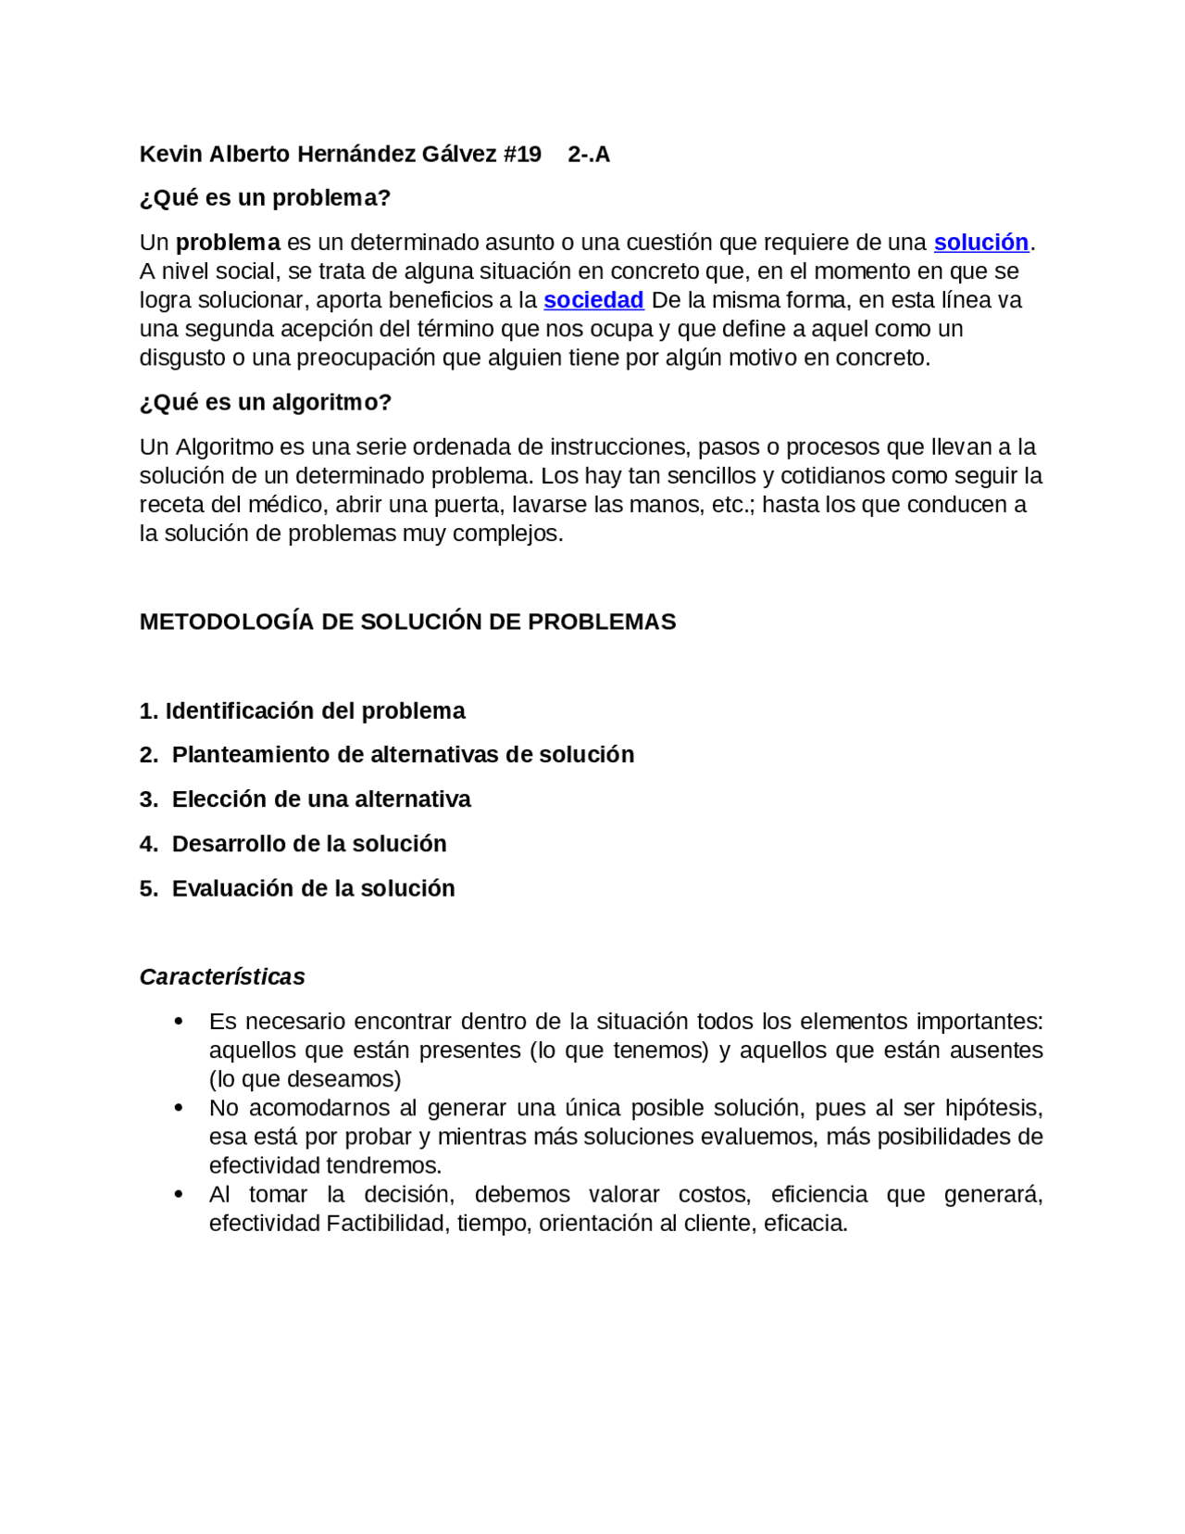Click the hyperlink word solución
pos(980,243)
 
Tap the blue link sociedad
pos(593,300)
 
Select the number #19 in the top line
pos(522,155)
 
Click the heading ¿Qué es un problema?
pos(265,198)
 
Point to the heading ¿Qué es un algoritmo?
pos(266,403)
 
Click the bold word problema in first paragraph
pos(228,243)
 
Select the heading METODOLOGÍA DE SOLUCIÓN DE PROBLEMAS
pos(407,622)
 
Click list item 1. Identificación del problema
pos(302,711)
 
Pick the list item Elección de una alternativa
pos(320,799)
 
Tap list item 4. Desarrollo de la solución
pos(293,844)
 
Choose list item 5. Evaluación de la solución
pos(297,888)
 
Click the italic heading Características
pos(222,977)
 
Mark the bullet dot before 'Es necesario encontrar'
pos(179,1022)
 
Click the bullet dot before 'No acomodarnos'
pos(179,1108)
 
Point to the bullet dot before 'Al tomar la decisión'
pos(179,1195)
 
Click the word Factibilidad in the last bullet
pos(388,1224)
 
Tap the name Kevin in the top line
pos(170,155)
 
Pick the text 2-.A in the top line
pos(589,155)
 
